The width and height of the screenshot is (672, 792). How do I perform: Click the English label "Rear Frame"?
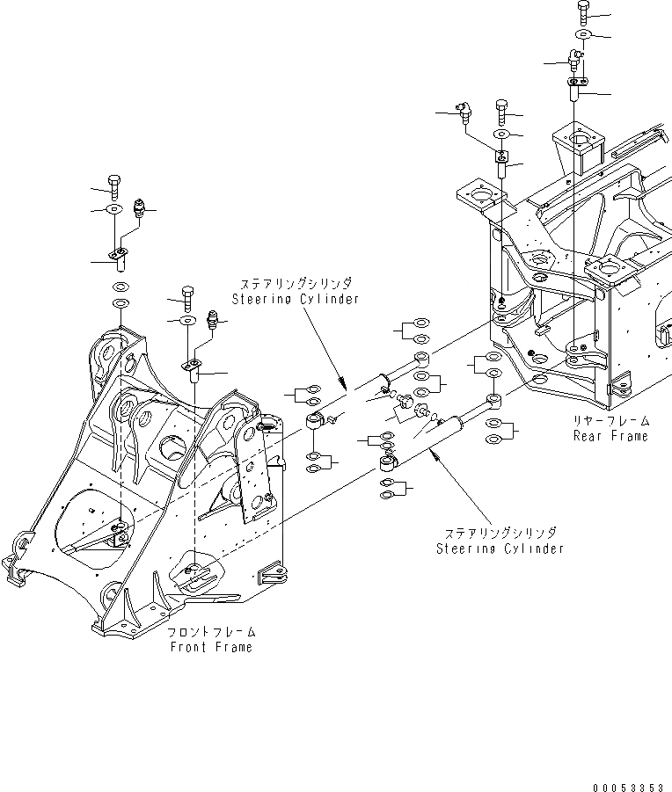[x=610, y=436]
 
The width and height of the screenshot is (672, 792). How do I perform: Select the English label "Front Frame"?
[x=211, y=647]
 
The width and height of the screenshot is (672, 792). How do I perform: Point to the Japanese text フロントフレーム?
[x=211, y=633]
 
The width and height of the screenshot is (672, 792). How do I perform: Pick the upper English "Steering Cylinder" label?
[x=296, y=299]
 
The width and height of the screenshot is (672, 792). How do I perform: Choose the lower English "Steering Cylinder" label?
[x=500, y=549]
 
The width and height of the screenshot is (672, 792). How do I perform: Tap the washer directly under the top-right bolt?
[x=582, y=35]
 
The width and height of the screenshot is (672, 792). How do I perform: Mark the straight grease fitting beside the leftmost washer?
[x=137, y=208]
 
